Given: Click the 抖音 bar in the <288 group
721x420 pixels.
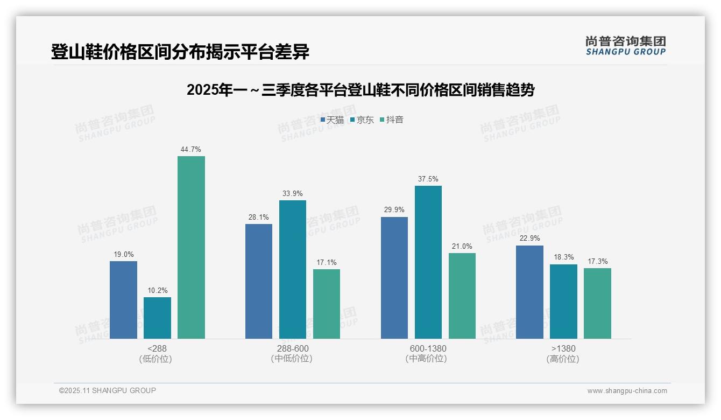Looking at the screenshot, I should pyautogui.click(x=191, y=248).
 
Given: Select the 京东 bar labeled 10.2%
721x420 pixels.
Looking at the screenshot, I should pyautogui.click(x=157, y=318).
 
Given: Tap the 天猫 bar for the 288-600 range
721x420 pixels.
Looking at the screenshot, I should pyautogui.click(x=259, y=281).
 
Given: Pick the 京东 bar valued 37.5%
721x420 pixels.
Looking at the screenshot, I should pyautogui.click(x=428, y=262).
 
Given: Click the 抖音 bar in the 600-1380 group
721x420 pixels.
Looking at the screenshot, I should pyautogui.click(x=462, y=296).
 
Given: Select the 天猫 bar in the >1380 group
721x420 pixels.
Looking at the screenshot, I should pyautogui.click(x=529, y=292).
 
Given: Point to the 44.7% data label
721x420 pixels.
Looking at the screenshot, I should pyautogui.click(x=191, y=150).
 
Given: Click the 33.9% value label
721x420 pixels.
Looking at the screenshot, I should pyautogui.click(x=292, y=194).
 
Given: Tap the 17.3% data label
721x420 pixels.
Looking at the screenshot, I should pyautogui.click(x=597, y=262).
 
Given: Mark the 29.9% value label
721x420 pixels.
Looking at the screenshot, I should pyautogui.click(x=394, y=210).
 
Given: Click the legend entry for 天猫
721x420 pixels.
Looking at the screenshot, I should pyautogui.click(x=332, y=120).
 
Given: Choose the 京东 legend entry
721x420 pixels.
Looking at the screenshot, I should pyautogui.click(x=362, y=120).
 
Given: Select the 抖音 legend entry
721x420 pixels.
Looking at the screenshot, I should pyautogui.click(x=392, y=120).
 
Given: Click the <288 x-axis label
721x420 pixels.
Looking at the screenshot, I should pyautogui.click(x=157, y=348).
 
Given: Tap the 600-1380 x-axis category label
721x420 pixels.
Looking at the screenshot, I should pyautogui.click(x=428, y=348).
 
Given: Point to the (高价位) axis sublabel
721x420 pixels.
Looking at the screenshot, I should pyautogui.click(x=563, y=359).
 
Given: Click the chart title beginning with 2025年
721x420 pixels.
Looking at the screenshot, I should pyautogui.click(x=360, y=90).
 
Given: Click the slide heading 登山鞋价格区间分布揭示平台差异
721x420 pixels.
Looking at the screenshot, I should pyautogui.click(x=180, y=52).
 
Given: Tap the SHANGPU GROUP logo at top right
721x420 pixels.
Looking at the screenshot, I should pyautogui.click(x=625, y=46).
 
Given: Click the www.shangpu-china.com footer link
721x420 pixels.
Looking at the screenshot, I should pyautogui.click(x=627, y=391).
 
